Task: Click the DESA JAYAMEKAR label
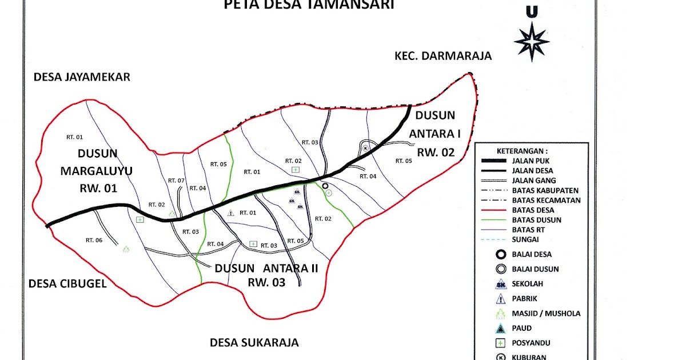tap(82, 77)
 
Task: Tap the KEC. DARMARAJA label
tap(443, 56)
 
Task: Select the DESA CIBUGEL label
tap(67, 283)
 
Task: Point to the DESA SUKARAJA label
tap(254, 342)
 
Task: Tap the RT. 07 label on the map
tap(176, 181)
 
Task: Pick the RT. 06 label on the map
tap(94, 240)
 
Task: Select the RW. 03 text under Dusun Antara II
tap(266, 282)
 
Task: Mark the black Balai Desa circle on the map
tap(325, 186)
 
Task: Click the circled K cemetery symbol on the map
tap(366, 148)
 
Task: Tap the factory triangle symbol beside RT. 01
tap(230, 213)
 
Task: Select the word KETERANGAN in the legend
tap(522, 151)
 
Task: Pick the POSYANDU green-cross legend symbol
tap(501, 343)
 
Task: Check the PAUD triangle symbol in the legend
tap(501, 328)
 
